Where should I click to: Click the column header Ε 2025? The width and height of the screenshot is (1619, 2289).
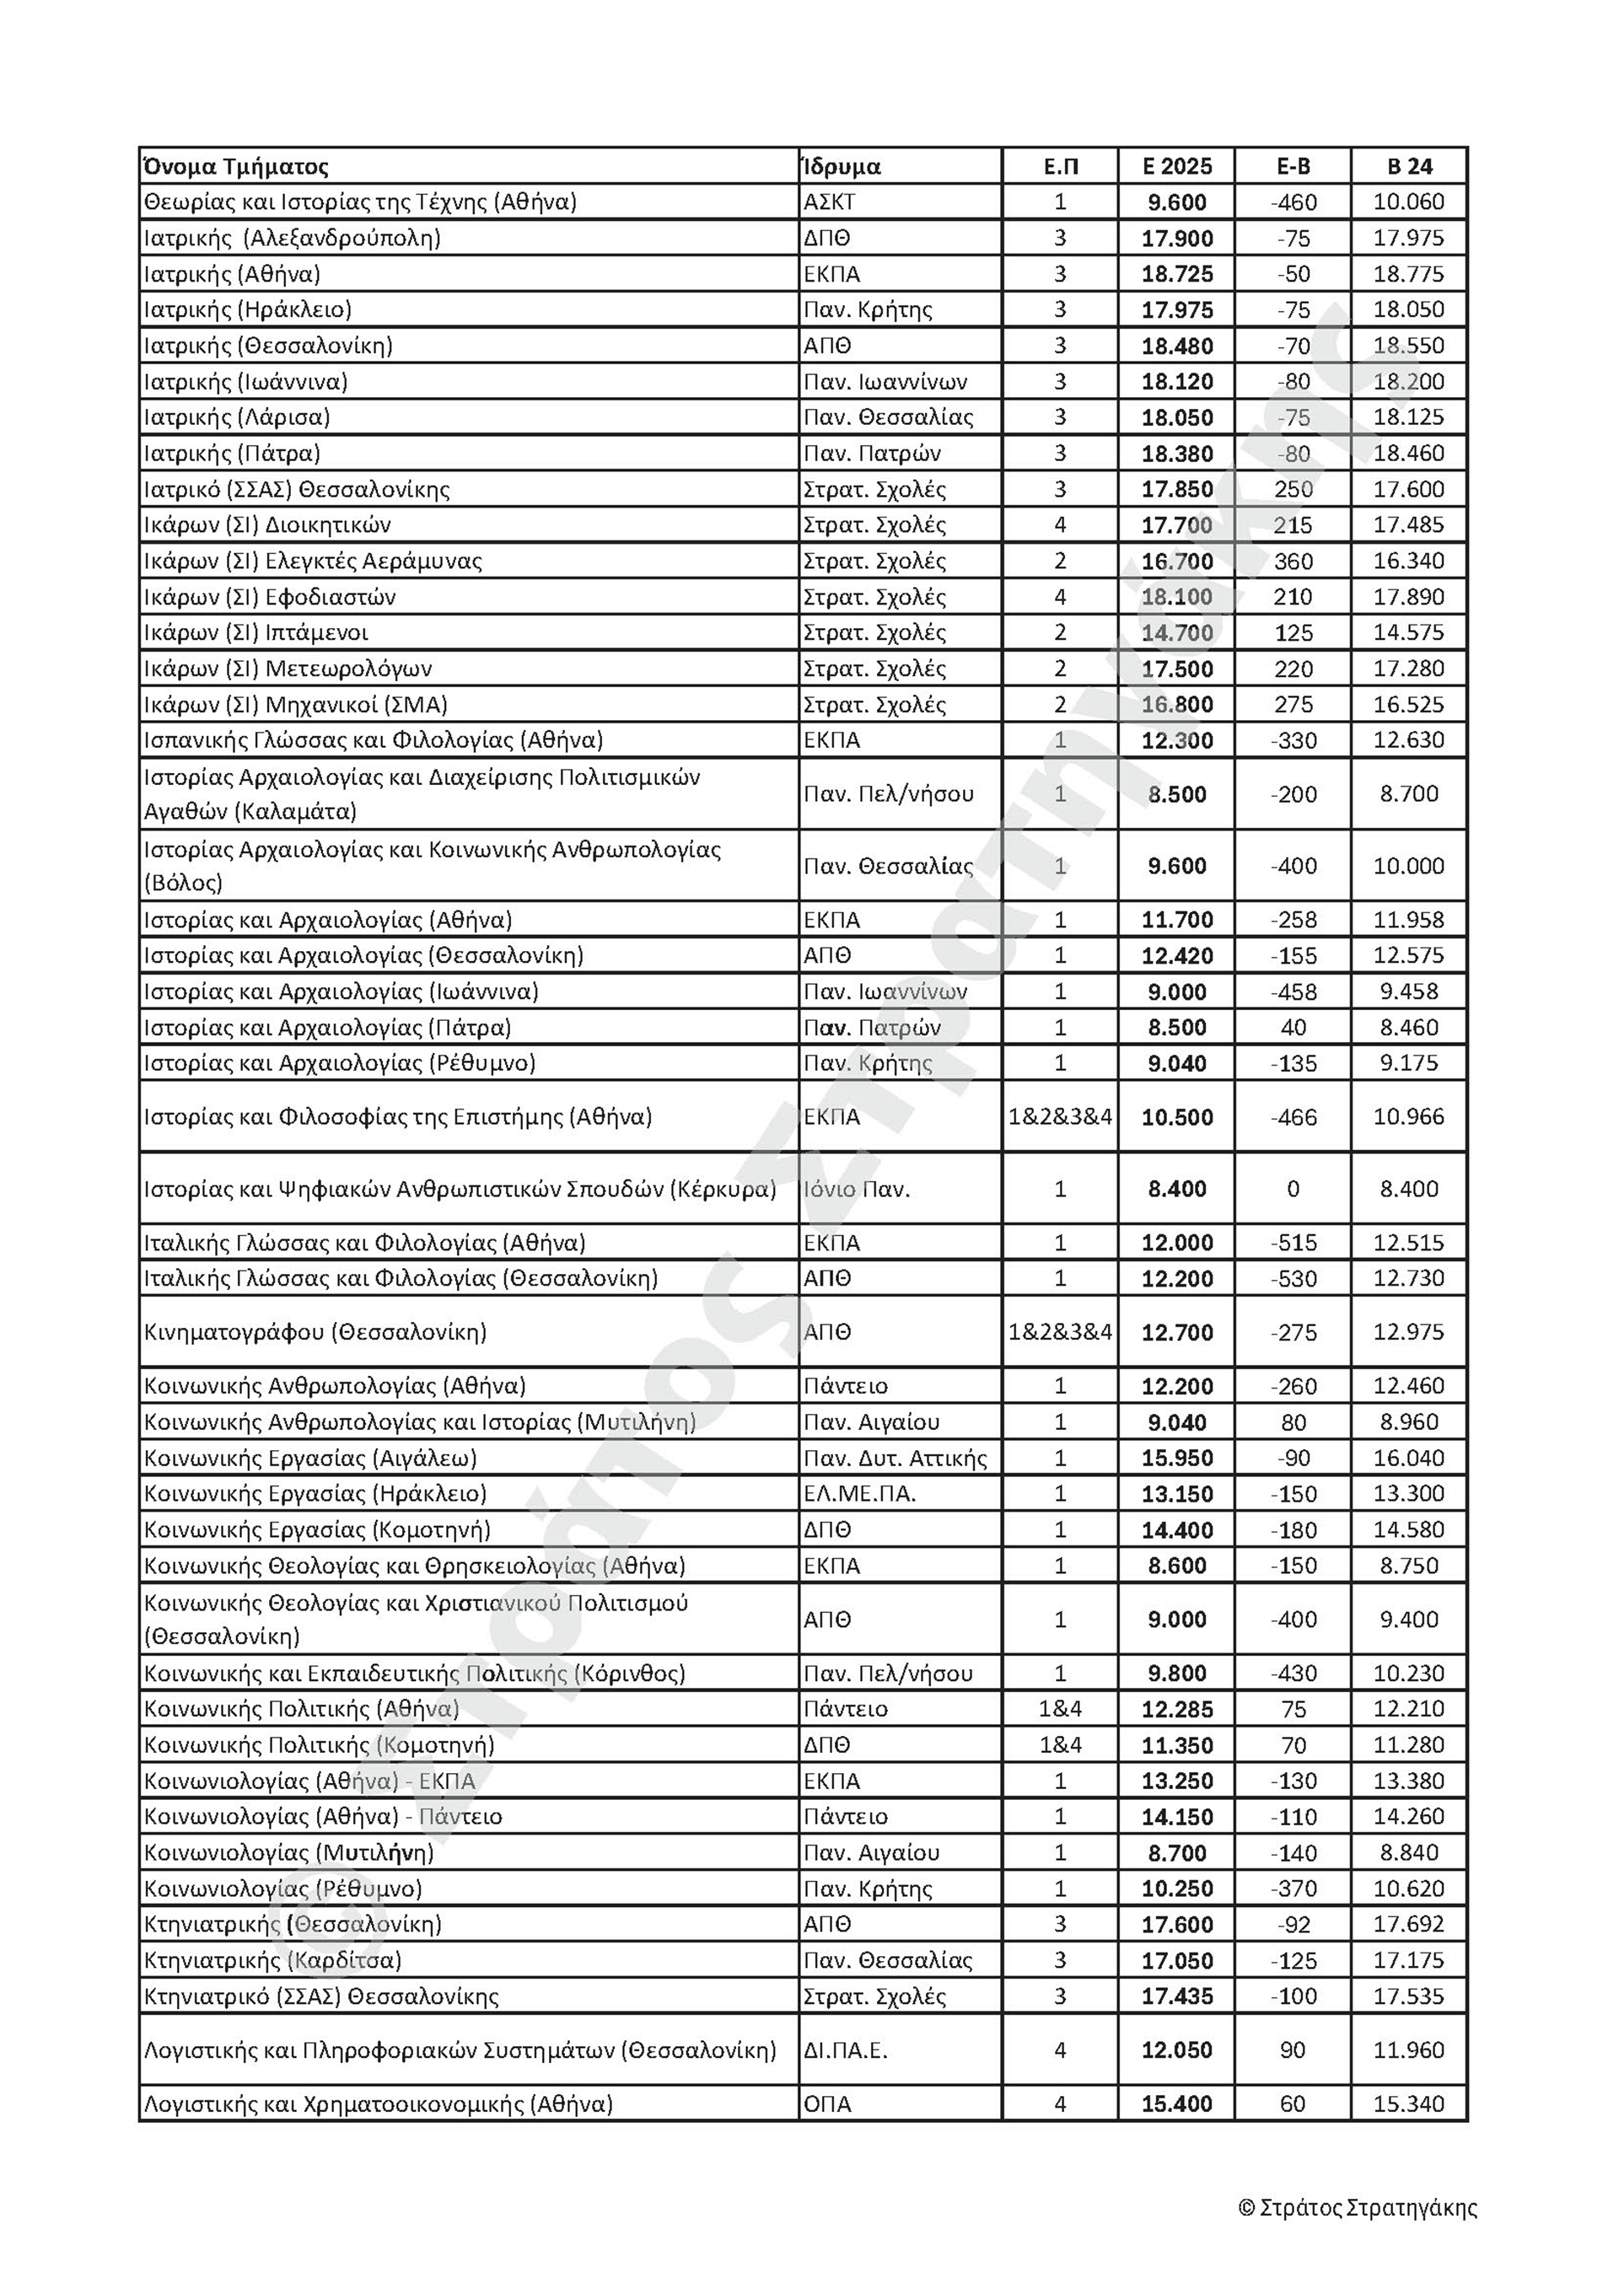tap(1176, 166)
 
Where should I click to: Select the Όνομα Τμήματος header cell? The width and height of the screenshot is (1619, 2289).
tap(236, 166)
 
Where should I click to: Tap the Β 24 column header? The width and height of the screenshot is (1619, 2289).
tap(1409, 166)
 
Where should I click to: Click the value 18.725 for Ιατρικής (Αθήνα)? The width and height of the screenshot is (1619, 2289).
tap(1176, 274)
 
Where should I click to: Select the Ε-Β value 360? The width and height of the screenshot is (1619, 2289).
tap(1293, 562)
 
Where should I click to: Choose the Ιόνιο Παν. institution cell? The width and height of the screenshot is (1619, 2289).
tap(857, 1190)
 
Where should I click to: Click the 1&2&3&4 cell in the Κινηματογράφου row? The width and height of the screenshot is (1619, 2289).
tap(1060, 1332)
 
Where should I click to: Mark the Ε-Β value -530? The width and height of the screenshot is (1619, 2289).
tap(1293, 1279)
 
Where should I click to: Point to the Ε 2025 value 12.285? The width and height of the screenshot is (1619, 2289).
tap(1176, 1710)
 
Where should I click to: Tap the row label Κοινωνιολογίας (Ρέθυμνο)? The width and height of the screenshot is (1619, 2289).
tap(283, 1889)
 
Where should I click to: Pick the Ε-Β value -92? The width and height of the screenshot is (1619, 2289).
tap(1293, 1925)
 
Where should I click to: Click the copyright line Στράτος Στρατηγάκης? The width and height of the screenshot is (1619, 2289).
tap(1357, 2208)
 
